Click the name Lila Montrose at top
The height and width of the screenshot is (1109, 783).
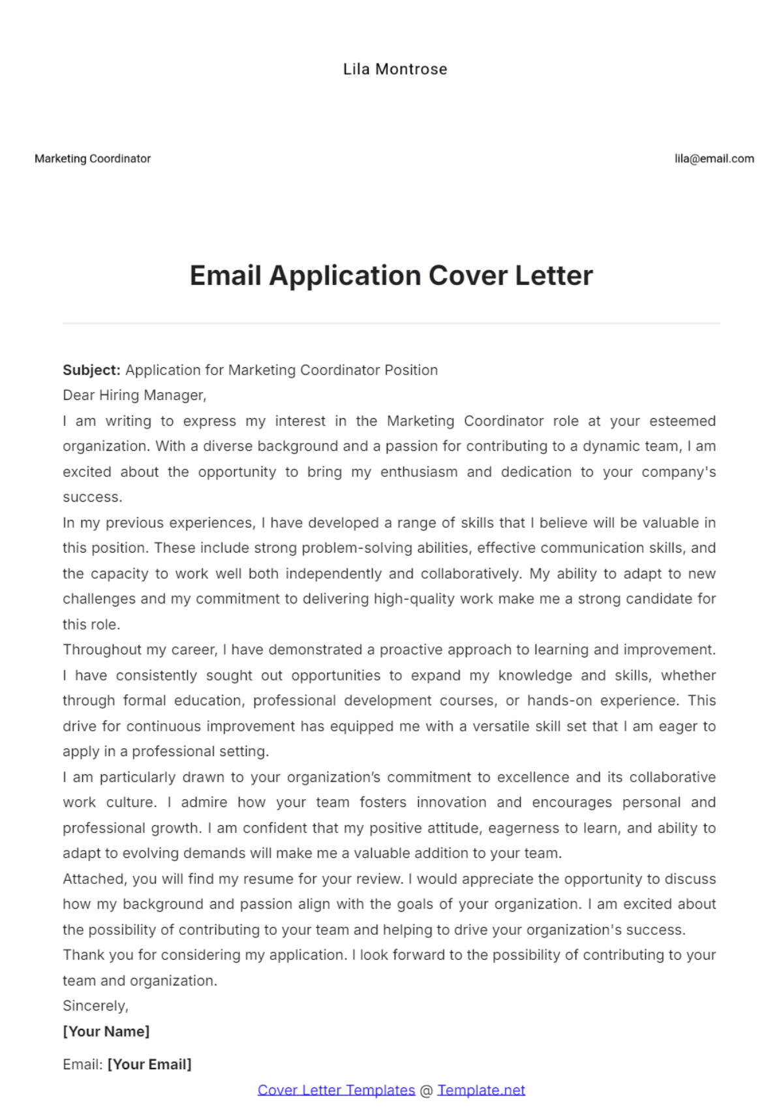point(395,69)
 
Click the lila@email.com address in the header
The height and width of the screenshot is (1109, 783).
point(714,159)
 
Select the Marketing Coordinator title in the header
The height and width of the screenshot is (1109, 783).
point(93,159)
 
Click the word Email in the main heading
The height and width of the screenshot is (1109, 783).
point(225,276)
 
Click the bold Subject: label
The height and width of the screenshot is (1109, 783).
point(91,370)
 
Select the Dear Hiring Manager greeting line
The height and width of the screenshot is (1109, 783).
point(134,395)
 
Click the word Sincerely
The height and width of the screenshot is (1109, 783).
point(95,1006)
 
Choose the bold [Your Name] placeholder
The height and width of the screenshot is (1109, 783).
point(106,1031)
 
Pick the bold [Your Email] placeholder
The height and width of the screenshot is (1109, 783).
point(149,1065)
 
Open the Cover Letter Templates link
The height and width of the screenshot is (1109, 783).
point(336,1090)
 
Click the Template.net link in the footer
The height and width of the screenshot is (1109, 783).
point(481,1090)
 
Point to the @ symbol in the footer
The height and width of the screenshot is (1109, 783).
point(426,1091)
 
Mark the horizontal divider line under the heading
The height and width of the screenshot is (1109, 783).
point(391,323)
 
